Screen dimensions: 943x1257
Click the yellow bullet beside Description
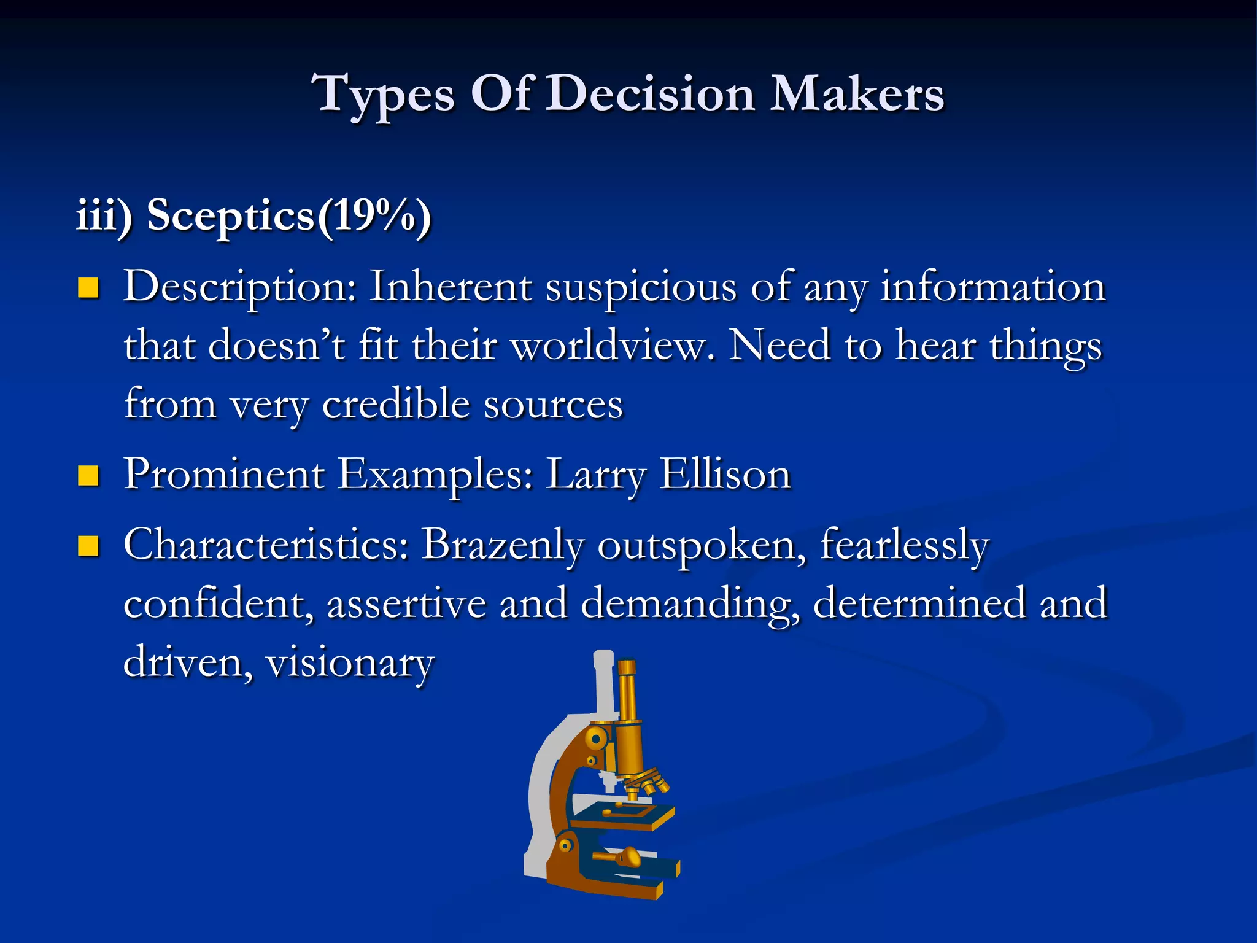pyautogui.click(x=88, y=287)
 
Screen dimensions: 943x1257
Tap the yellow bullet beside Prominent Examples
pyautogui.click(x=88, y=475)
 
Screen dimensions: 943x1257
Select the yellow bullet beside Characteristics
pyautogui.click(x=88, y=545)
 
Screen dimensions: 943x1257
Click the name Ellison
pyautogui.click(x=725, y=475)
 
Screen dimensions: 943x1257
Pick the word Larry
pyautogui.click(x=595, y=476)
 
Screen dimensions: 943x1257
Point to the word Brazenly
pyautogui.click(x=503, y=545)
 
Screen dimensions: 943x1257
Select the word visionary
pyautogui.click(x=350, y=663)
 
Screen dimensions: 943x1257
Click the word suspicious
pyautogui.click(x=641, y=287)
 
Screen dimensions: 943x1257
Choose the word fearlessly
pyautogui.click(x=904, y=545)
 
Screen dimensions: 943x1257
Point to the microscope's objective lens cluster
pyautogui.click(x=648, y=783)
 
